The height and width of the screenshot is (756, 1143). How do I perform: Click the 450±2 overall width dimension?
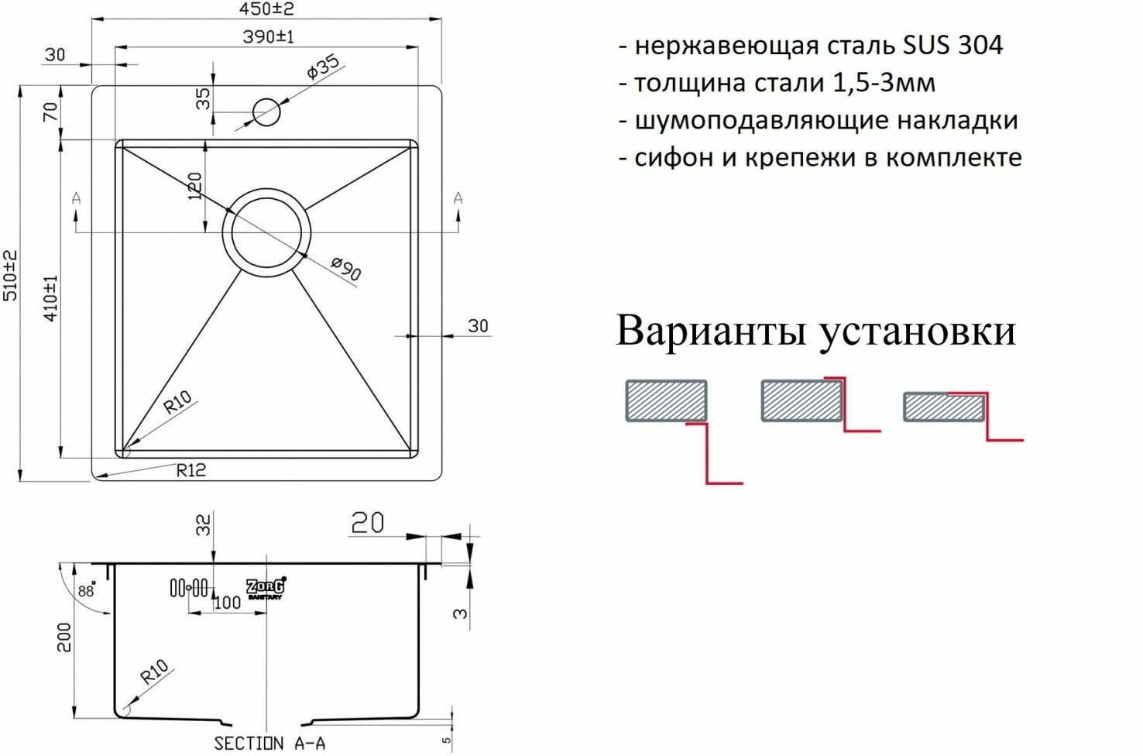point(268,9)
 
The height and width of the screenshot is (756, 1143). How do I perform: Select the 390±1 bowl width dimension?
point(268,36)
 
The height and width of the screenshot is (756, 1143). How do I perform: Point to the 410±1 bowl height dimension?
point(52,298)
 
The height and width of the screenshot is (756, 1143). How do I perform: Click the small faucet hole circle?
point(266,112)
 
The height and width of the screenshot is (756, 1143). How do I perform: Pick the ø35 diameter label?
point(323,67)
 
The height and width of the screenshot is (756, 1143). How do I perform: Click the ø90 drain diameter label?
point(345,268)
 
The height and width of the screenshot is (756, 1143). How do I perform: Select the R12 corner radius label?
point(190,469)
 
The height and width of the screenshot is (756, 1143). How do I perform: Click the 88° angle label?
point(86,590)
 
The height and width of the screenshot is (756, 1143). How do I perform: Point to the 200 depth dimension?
point(64,637)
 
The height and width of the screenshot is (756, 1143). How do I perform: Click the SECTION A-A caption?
point(269,744)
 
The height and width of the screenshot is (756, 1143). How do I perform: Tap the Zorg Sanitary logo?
point(266,588)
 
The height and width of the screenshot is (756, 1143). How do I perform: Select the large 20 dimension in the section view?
point(367,524)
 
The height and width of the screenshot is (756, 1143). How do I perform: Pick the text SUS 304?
point(952,45)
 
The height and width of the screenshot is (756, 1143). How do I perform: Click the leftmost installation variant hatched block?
point(666,400)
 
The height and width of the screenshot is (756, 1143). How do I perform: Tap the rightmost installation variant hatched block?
point(943,407)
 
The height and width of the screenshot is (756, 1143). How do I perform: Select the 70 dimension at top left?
point(52,112)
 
